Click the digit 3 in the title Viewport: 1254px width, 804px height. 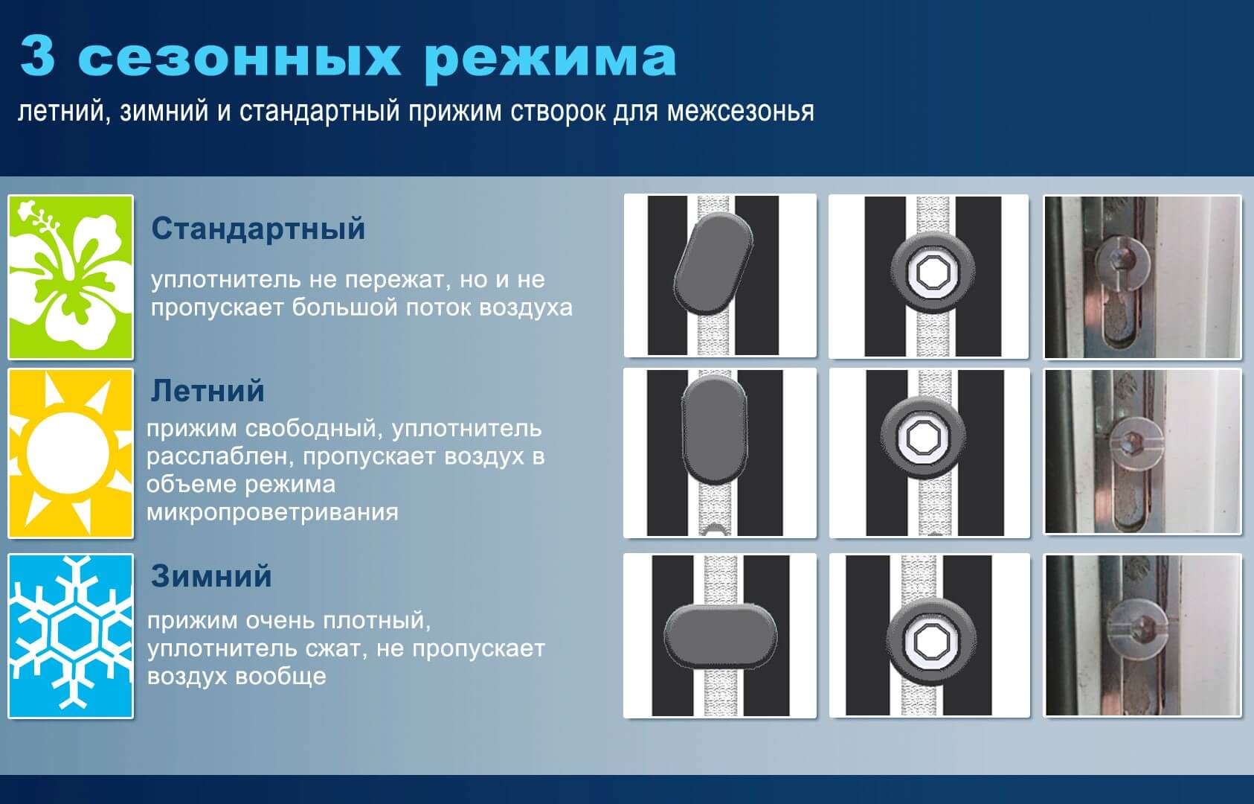(37, 56)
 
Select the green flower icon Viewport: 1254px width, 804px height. (71, 277)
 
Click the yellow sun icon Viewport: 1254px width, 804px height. (71, 453)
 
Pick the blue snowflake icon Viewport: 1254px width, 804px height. (71, 636)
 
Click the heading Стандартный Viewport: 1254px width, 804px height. (258, 229)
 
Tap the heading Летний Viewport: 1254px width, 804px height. (208, 391)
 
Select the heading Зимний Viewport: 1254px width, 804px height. (212, 575)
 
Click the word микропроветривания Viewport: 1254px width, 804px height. (273, 512)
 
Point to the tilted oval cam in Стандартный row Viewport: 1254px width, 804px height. (713, 262)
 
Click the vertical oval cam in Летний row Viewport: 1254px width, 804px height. (714, 430)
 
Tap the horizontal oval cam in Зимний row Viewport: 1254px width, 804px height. (721, 636)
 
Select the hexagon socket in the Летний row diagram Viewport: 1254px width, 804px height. (922, 437)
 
